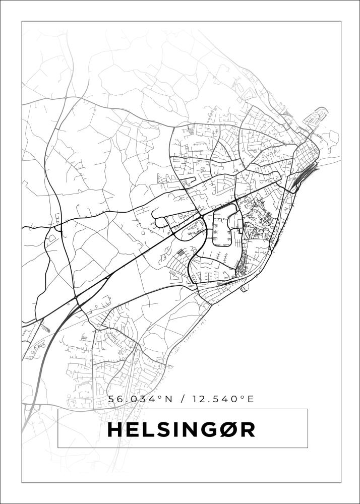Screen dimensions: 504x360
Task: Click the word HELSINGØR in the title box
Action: pyautogui.click(x=182, y=429)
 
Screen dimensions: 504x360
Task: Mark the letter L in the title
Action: pyautogui.click(x=148, y=429)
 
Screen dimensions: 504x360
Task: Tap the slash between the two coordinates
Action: pyautogui.click(x=182, y=399)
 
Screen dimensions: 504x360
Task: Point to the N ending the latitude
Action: pyautogui.click(x=168, y=399)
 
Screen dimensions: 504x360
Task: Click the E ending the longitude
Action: pyautogui.click(x=249, y=399)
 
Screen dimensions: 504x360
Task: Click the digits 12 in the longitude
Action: pyautogui.click(x=198, y=399)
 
